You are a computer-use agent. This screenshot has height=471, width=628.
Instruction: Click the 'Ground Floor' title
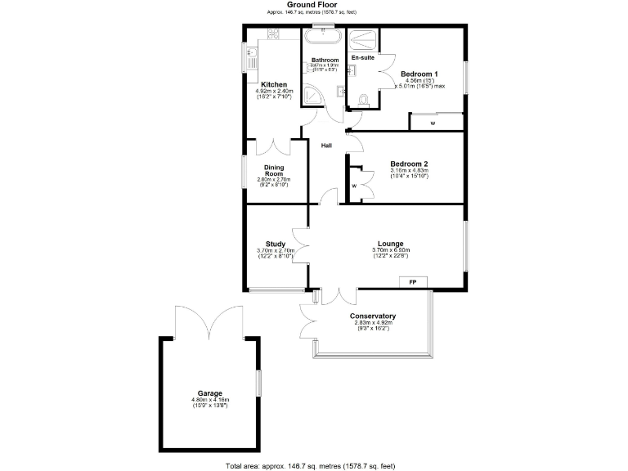tap(313, 5)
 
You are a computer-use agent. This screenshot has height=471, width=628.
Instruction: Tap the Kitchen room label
tap(273, 84)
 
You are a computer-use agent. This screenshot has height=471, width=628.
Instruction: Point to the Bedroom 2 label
tap(409, 162)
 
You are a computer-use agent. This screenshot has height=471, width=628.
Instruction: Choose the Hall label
tap(325, 146)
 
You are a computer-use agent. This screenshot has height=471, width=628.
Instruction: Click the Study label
tap(275, 244)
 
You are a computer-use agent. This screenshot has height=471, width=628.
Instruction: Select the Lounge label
tap(390, 243)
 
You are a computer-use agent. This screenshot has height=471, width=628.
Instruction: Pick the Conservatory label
tap(373, 316)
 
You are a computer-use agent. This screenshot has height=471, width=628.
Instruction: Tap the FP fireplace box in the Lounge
tap(413, 282)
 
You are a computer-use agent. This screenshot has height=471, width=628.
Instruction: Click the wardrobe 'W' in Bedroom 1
tap(433, 123)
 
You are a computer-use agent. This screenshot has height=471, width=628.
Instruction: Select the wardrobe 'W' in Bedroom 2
tap(355, 186)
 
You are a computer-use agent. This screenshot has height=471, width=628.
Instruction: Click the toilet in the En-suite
tap(363, 100)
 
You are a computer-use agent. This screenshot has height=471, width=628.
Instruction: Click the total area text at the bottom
tap(310, 465)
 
